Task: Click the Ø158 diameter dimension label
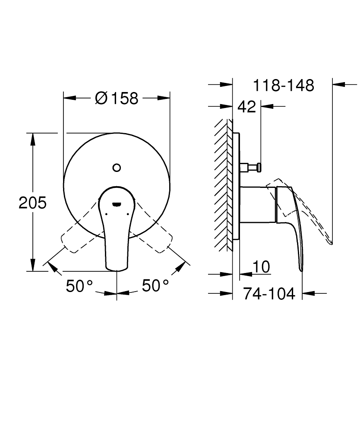pyautogui.click(x=117, y=98)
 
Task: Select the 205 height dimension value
pyautogui.click(x=32, y=202)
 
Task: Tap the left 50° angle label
pyautogui.click(x=79, y=286)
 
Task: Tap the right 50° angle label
pyautogui.click(x=155, y=286)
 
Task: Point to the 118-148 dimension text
pyautogui.click(x=283, y=85)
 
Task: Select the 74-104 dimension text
pyautogui.click(x=269, y=294)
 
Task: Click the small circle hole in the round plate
pyautogui.click(x=116, y=168)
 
